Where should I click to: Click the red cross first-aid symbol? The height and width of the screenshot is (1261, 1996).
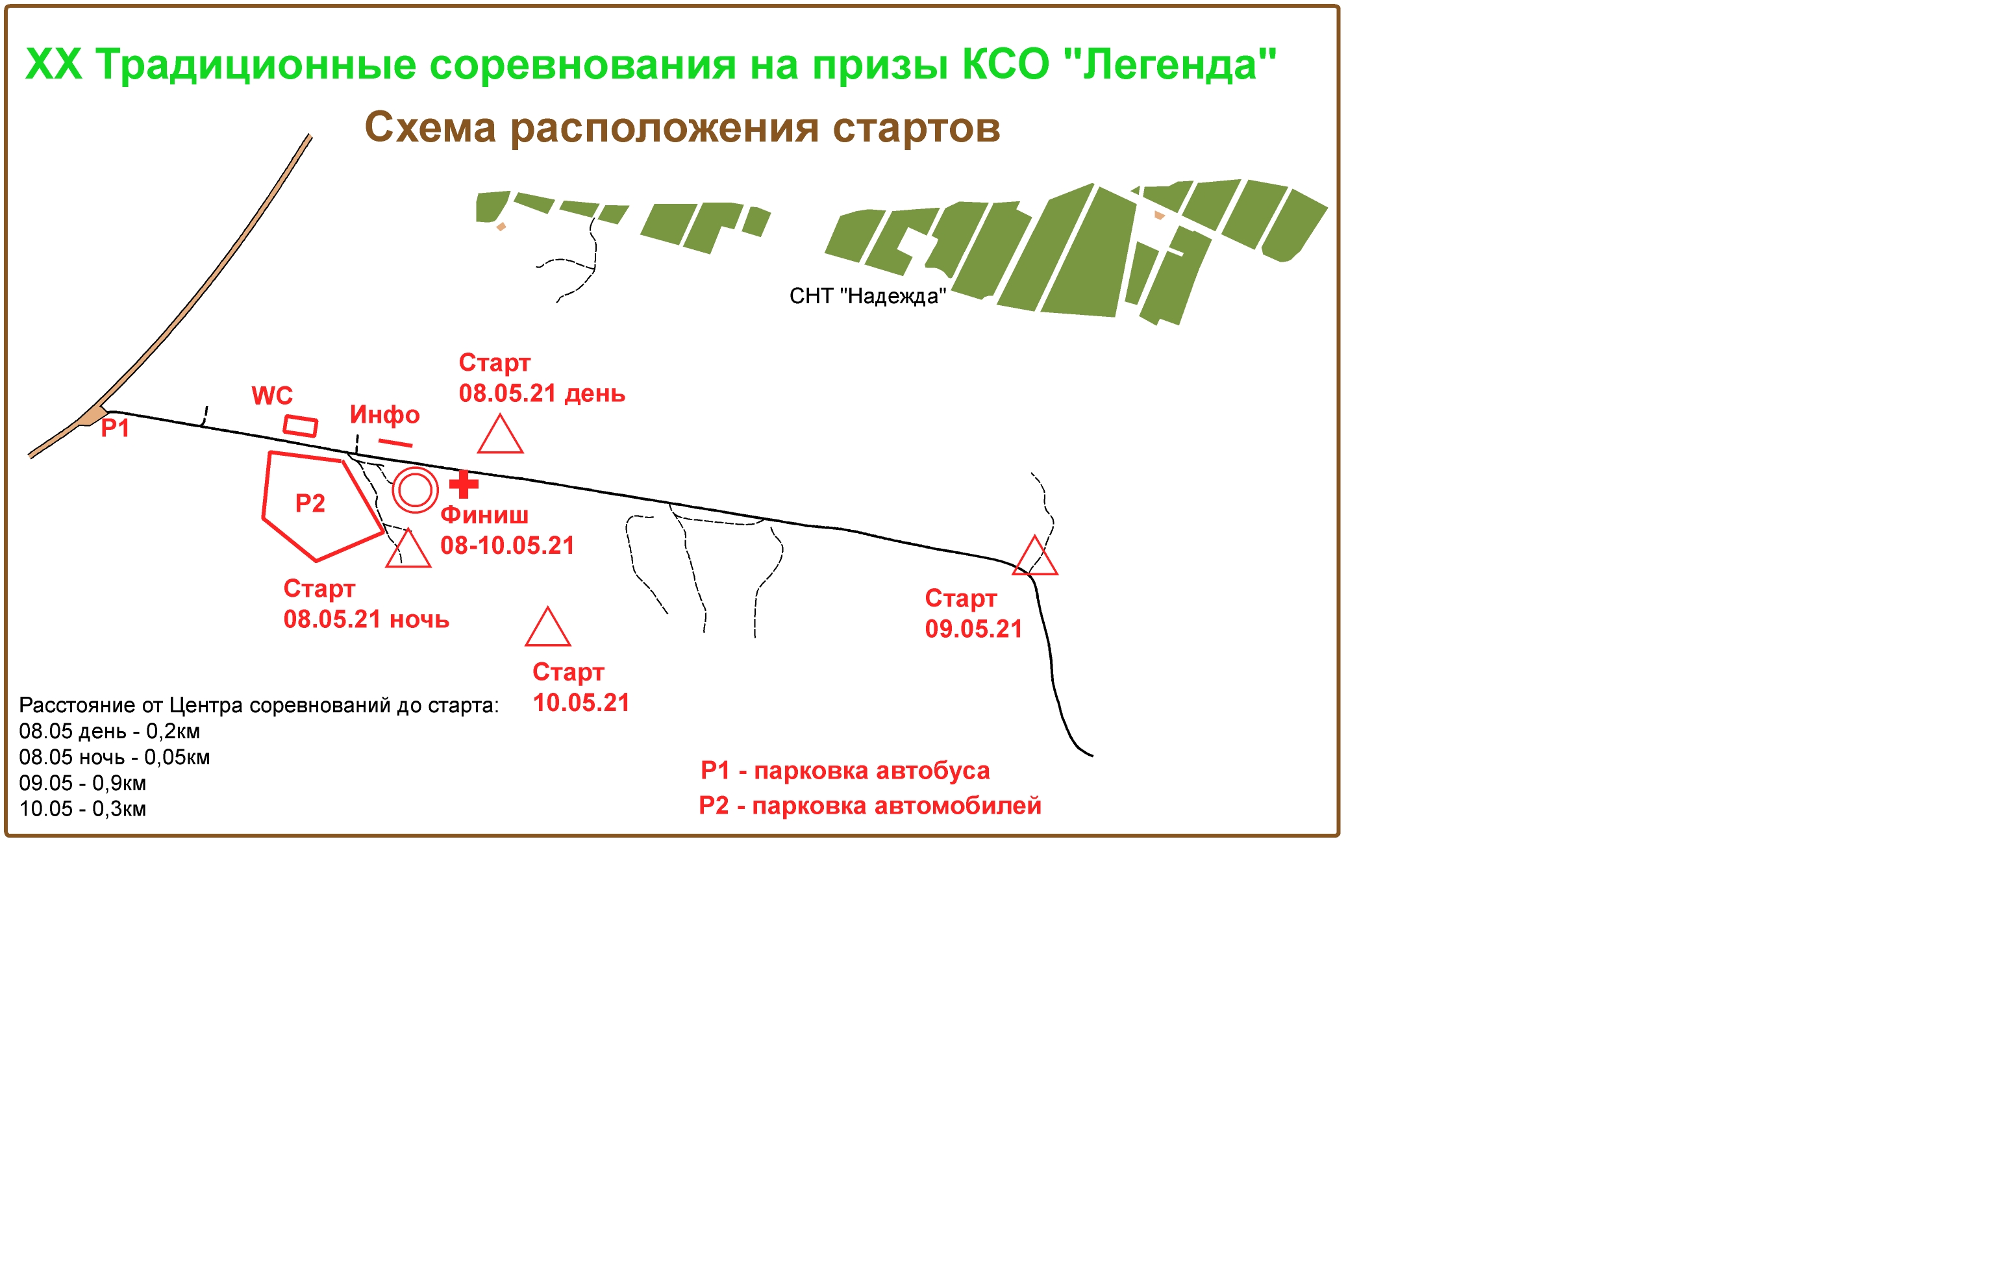tap(464, 484)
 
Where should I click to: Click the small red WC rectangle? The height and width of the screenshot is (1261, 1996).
tap(300, 425)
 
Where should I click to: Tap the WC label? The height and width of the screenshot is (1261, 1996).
tap(272, 395)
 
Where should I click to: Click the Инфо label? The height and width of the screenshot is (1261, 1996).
tap(384, 414)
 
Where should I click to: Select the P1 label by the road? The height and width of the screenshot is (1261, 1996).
tap(115, 429)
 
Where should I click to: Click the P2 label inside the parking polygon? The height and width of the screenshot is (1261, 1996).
tap(310, 503)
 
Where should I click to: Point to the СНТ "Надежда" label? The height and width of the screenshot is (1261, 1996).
tap(867, 296)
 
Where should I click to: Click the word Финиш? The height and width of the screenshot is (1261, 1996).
tap(484, 515)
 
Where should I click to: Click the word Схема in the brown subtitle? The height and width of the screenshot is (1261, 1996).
tap(430, 128)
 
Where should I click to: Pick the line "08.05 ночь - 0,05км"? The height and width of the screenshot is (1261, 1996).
tap(114, 757)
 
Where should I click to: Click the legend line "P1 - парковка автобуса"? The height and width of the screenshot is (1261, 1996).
tap(845, 770)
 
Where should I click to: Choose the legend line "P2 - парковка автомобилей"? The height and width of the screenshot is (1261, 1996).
tap(870, 805)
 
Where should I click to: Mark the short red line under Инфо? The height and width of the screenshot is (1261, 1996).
tap(395, 443)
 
